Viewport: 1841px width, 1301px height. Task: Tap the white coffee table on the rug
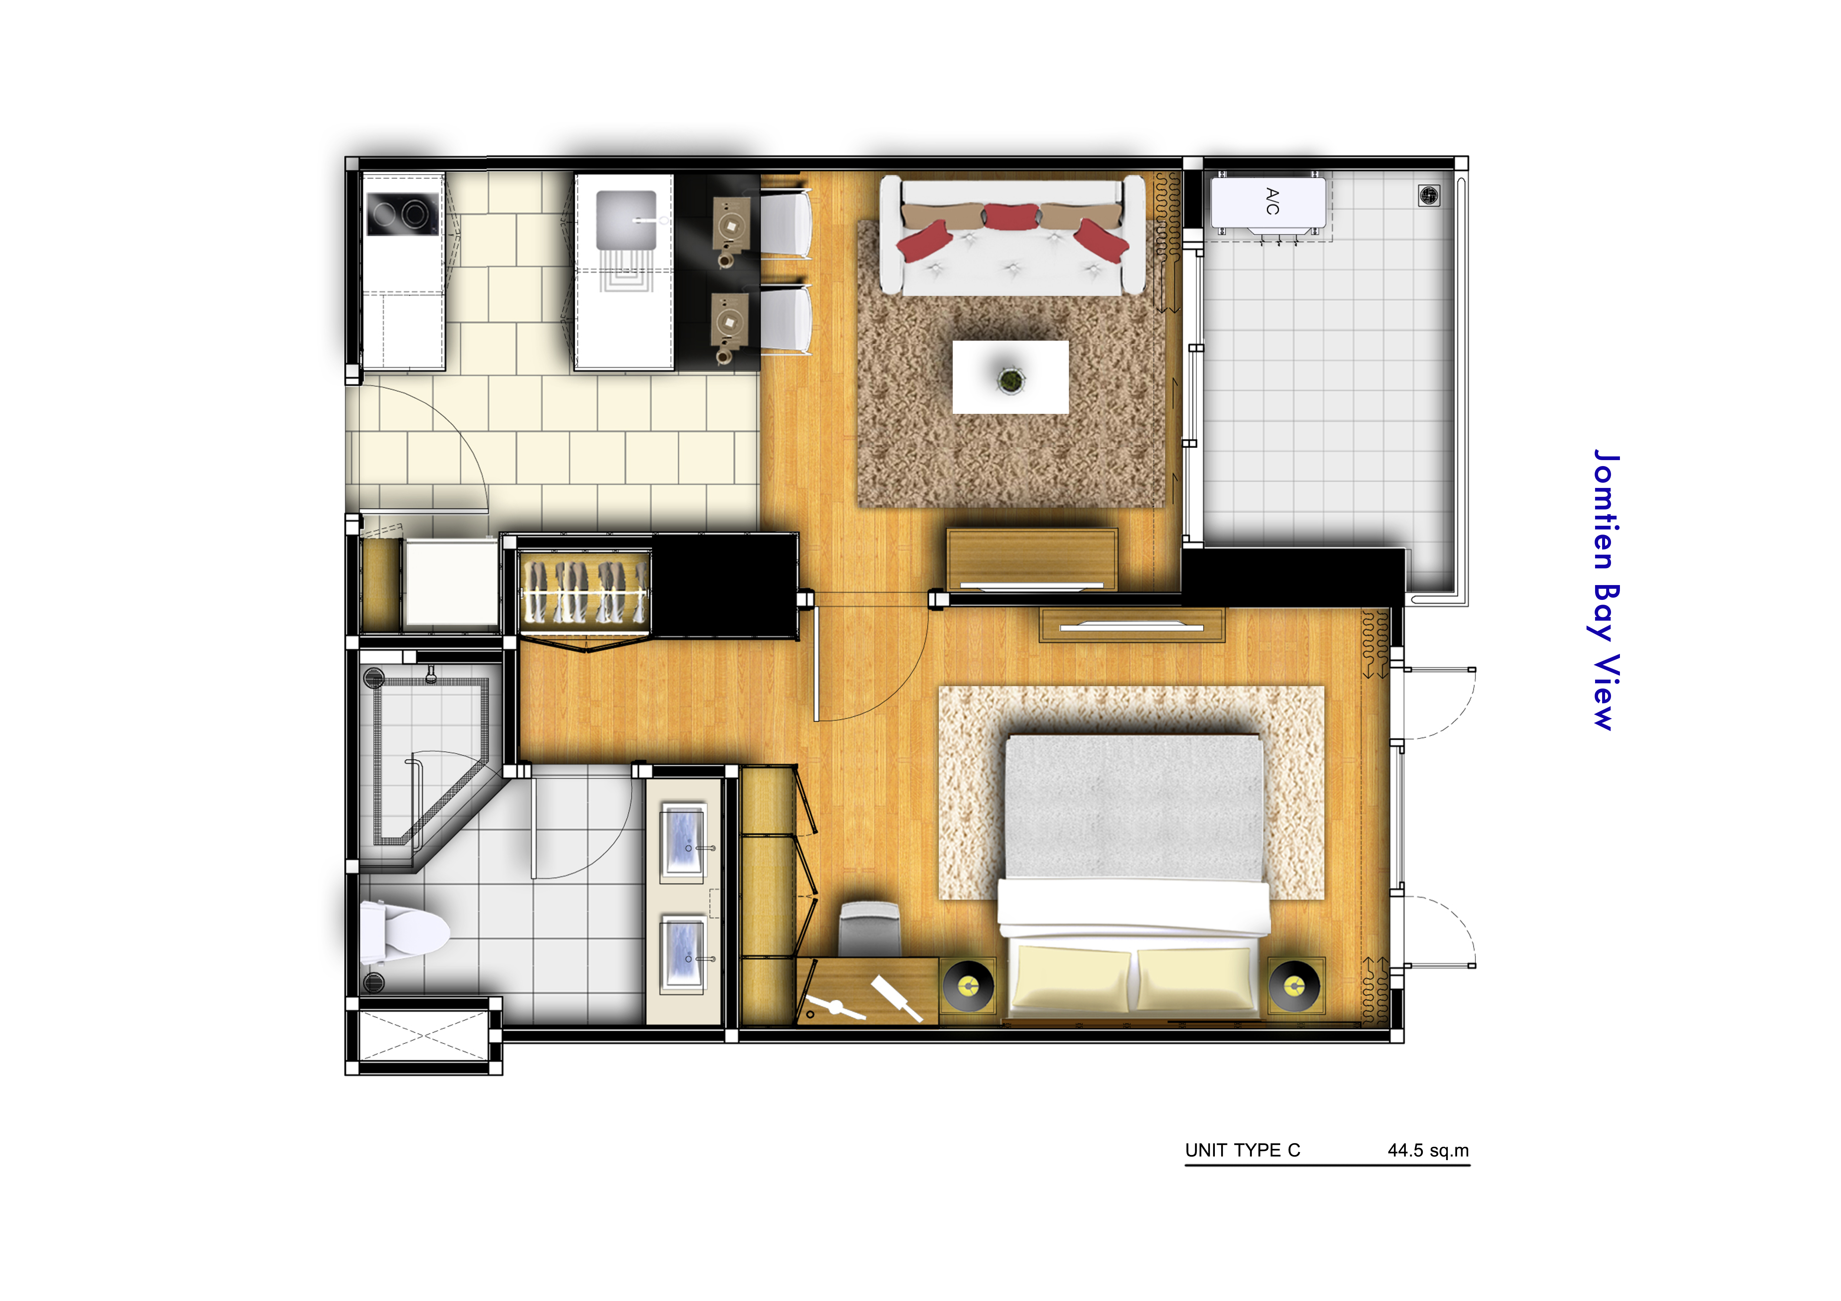coord(1010,377)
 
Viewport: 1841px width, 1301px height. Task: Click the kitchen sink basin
coord(626,219)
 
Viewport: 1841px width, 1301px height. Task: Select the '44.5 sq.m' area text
coord(1428,1150)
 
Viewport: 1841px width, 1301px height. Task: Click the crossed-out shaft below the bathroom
coord(423,1036)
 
